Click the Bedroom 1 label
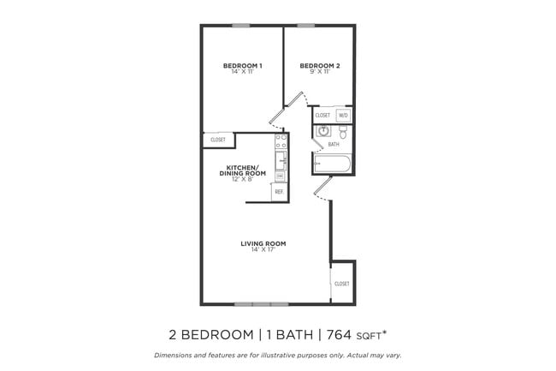(242, 66)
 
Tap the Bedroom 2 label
(320, 66)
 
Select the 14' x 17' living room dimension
(263, 249)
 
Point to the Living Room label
(263, 243)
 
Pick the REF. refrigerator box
(279, 192)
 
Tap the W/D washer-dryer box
(343, 115)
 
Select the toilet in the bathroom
(342, 133)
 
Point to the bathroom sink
(323, 131)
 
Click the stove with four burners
(280, 141)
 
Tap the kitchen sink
(280, 161)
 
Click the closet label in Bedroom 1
(218, 140)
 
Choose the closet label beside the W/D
(322, 115)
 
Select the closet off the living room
(342, 283)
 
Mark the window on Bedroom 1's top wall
(241, 26)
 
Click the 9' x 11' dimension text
(320, 72)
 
